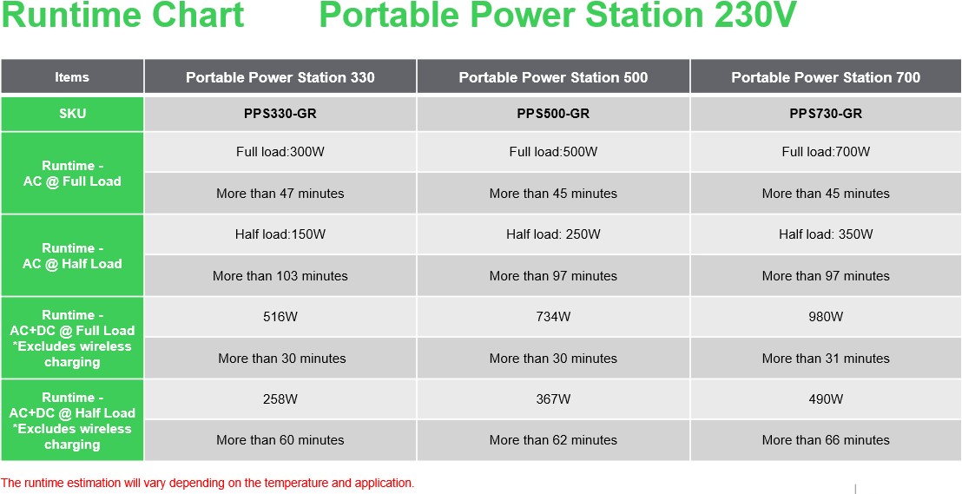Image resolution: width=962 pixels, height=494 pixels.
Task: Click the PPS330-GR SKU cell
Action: [280, 114]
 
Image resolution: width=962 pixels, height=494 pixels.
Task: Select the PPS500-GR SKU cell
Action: [553, 114]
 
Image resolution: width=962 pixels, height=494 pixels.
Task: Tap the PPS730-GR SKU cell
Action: [826, 114]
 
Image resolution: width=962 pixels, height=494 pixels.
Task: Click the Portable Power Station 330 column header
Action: [280, 76]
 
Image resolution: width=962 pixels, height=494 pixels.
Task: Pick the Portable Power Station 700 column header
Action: [826, 76]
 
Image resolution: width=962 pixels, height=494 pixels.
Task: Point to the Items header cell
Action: [72, 76]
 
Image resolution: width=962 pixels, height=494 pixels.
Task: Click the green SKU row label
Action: [72, 114]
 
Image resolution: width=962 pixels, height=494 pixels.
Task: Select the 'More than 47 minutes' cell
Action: [280, 194]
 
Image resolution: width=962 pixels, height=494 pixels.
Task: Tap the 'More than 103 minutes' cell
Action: [280, 276]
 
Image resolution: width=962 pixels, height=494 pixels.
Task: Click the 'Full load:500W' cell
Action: [553, 152]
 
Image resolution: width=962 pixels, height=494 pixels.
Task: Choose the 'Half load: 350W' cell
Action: [826, 234]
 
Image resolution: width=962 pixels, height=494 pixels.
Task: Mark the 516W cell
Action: [280, 317]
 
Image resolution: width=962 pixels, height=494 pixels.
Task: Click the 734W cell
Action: [553, 317]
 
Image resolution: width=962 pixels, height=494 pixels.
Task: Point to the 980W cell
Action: [826, 317]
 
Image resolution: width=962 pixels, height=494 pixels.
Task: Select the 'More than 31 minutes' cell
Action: [826, 359]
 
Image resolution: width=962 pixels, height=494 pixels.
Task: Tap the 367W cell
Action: [553, 398]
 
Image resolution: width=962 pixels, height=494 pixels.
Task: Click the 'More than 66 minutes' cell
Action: [826, 440]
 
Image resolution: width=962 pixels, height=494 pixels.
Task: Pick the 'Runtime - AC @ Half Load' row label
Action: [72, 255]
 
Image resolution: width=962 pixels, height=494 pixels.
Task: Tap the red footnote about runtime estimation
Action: [208, 483]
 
